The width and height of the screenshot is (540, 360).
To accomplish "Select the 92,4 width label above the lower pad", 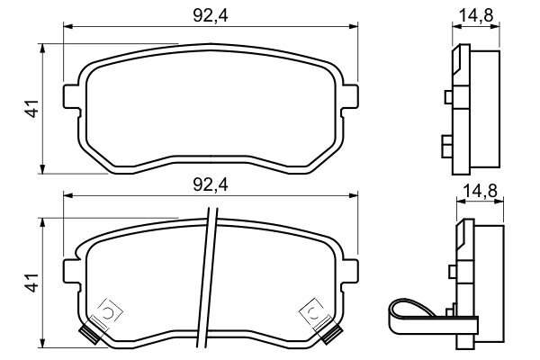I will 210,184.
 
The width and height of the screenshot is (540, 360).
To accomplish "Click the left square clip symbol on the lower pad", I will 108,312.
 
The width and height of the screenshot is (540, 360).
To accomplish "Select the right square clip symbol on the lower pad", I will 310,312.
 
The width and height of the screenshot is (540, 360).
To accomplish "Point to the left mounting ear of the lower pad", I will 71,270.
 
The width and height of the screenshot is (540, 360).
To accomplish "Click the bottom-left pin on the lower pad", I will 87,337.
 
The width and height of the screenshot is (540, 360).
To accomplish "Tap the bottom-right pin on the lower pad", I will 332,337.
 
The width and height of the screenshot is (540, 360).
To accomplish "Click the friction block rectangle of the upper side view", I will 486,108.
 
